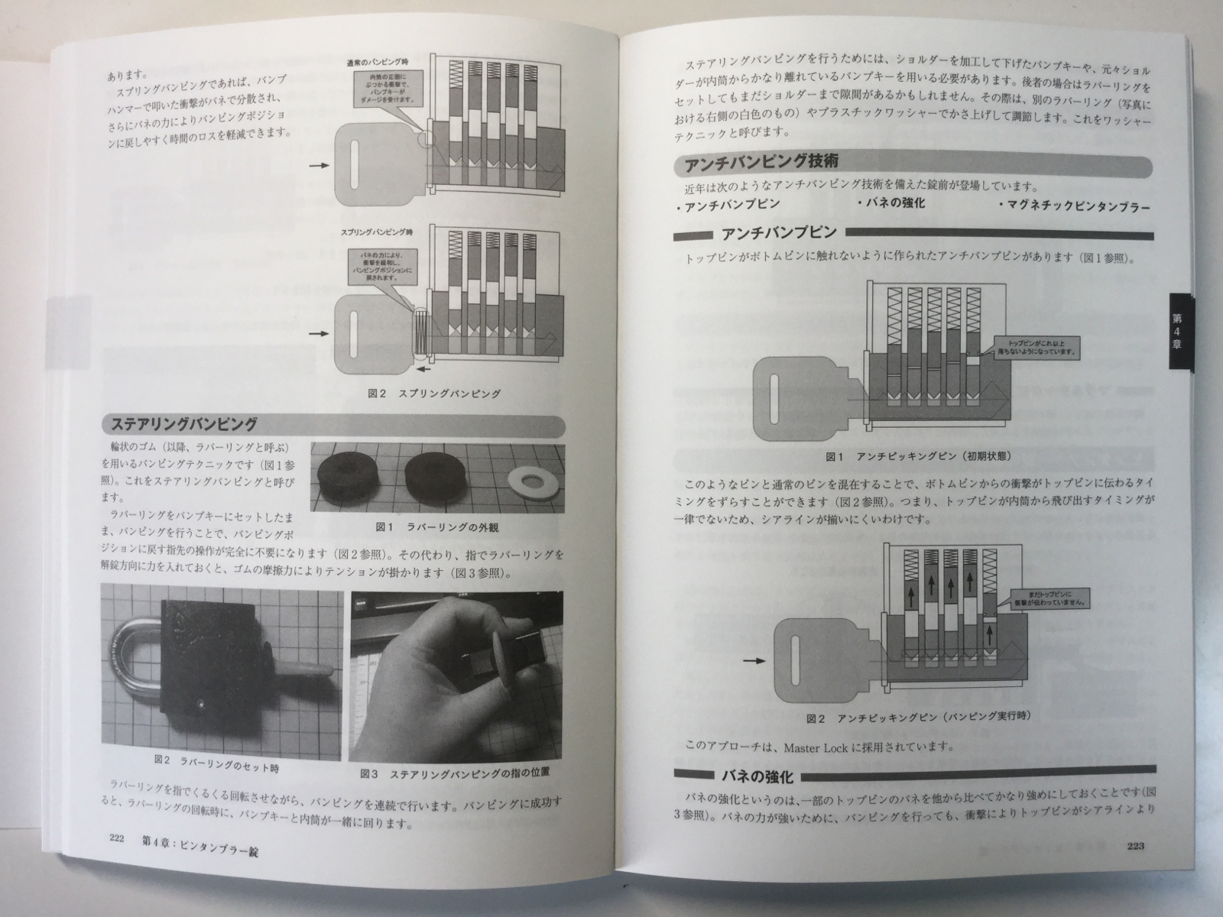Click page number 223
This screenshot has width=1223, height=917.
pyautogui.click(x=1134, y=845)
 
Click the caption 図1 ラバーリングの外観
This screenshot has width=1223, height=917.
pyautogui.click(x=436, y=527)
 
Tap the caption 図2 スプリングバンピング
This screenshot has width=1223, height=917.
pyautogui.click(x=433, y=394)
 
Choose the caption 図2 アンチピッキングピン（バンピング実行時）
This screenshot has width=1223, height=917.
pyautogui.click(x=918, y=718)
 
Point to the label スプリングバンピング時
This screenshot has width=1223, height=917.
pyautogui.click(x=378, y=230)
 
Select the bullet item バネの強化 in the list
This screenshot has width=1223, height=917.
pyautogui.click(x=890, y=203)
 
